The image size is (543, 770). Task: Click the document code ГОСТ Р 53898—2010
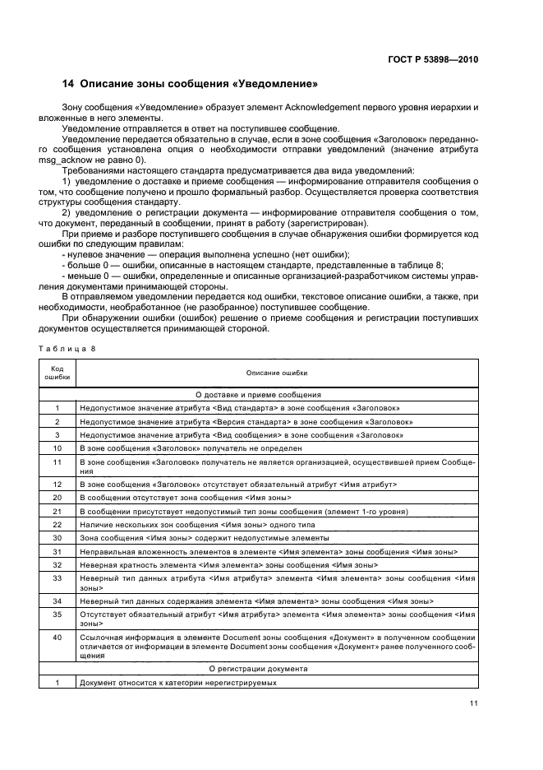click(435, 59)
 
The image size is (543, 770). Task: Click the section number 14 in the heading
click(69, 84)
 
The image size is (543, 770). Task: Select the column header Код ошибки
click(58, 373)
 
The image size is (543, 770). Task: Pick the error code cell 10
click(58, 448)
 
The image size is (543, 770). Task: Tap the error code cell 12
click(58, 485)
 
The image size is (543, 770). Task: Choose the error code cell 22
click(58, 524)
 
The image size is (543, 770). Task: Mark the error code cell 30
click(58, 537)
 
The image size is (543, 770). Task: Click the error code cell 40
click(58, 638)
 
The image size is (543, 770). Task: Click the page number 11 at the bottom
click(474, 703)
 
